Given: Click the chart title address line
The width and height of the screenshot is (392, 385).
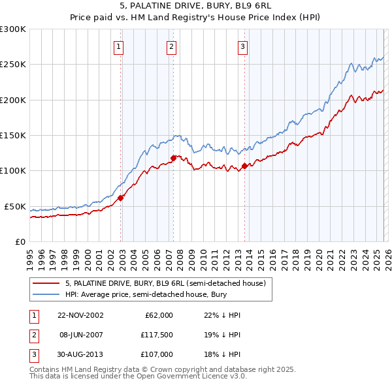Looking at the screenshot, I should click(x=195, y=7).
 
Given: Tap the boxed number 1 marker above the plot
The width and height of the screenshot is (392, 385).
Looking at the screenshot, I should click(x=118, y=46).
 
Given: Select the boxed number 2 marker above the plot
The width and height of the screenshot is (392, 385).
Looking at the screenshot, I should click(x=171, y=46).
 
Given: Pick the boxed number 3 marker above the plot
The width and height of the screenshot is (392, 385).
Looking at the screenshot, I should click(x=242, y=46).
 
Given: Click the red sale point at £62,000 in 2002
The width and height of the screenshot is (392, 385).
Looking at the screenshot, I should click(x=121, y=198).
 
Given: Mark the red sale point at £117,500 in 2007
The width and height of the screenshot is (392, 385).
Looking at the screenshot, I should click(x=174, y=158).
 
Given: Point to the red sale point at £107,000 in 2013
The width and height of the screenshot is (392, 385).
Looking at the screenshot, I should click(x=244, y=166).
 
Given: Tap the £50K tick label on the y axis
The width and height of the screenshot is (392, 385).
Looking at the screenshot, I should click(x=16, y=206).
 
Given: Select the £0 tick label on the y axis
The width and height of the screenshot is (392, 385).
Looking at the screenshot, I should click(x=20, y=241).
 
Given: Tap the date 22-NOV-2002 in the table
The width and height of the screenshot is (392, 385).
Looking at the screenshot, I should click(x=80, y=315).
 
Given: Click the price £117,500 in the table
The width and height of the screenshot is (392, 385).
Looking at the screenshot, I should click(x=155, y=335).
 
